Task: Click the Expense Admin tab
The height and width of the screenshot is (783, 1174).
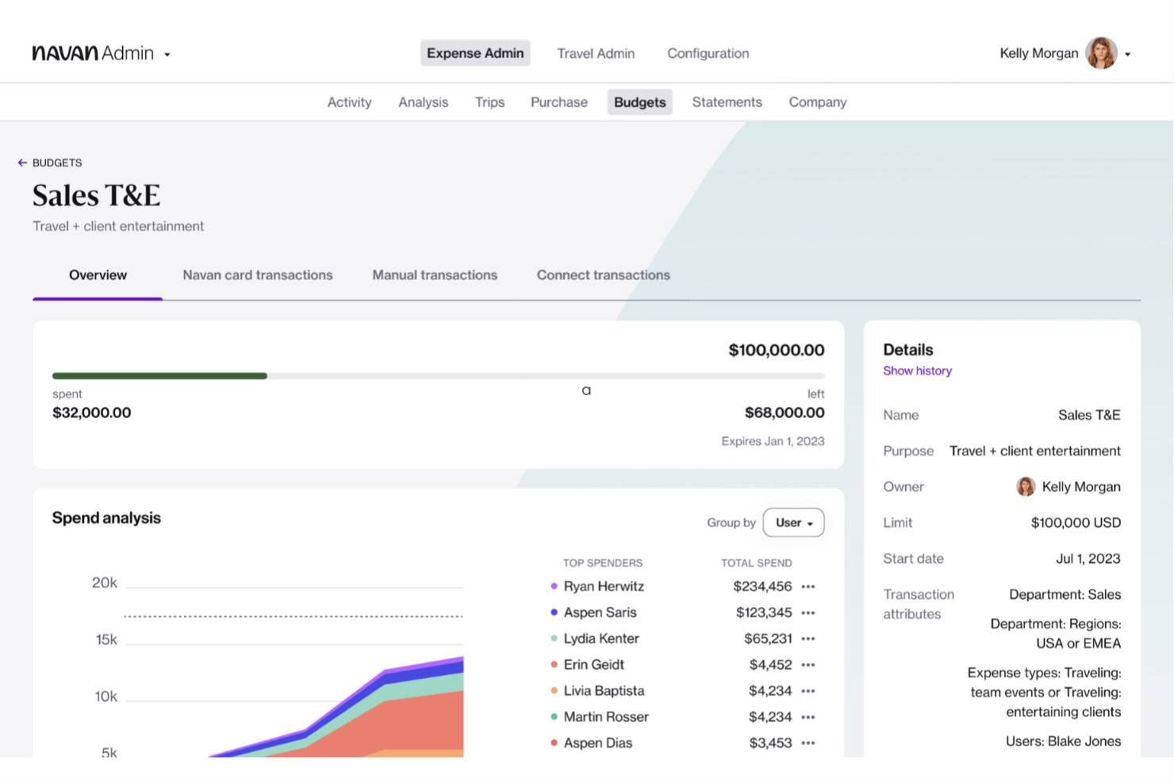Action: tap(474, 53)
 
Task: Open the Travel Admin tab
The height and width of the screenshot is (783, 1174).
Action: tap(595, 53)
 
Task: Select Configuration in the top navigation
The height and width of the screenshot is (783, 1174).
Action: tap(708, 53)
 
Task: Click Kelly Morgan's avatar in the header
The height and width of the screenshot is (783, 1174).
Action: tap(1101, 53)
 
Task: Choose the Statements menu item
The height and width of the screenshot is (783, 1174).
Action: tap(727, 102)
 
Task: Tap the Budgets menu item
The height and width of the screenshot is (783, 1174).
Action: tap(639, 102)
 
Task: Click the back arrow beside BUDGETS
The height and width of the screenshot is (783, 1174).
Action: tap(22, 163)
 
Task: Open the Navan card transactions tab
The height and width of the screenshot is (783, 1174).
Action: tap(257, 275)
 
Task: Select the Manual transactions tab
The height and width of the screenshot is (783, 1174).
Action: tap(435, 275)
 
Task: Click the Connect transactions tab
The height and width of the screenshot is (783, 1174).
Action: tap(603, 275)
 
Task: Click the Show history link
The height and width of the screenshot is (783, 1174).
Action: tap(917, 370)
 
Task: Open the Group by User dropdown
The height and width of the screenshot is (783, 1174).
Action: tap(793, 523)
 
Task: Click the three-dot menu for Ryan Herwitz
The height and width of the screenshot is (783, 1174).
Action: tap(808, 587)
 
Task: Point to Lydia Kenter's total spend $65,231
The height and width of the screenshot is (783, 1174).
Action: tap(767, 639)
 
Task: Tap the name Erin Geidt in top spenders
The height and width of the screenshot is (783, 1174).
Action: tap(593, 665)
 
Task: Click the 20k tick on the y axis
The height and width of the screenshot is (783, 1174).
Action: tap(104, 583)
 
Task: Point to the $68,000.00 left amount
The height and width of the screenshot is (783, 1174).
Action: tap(784, 413)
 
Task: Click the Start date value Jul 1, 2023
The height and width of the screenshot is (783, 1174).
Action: tap(1088, 558)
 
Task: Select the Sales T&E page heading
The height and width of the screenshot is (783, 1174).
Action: tap(96, 195)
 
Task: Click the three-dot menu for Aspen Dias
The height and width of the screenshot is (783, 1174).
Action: tap(808, 743)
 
